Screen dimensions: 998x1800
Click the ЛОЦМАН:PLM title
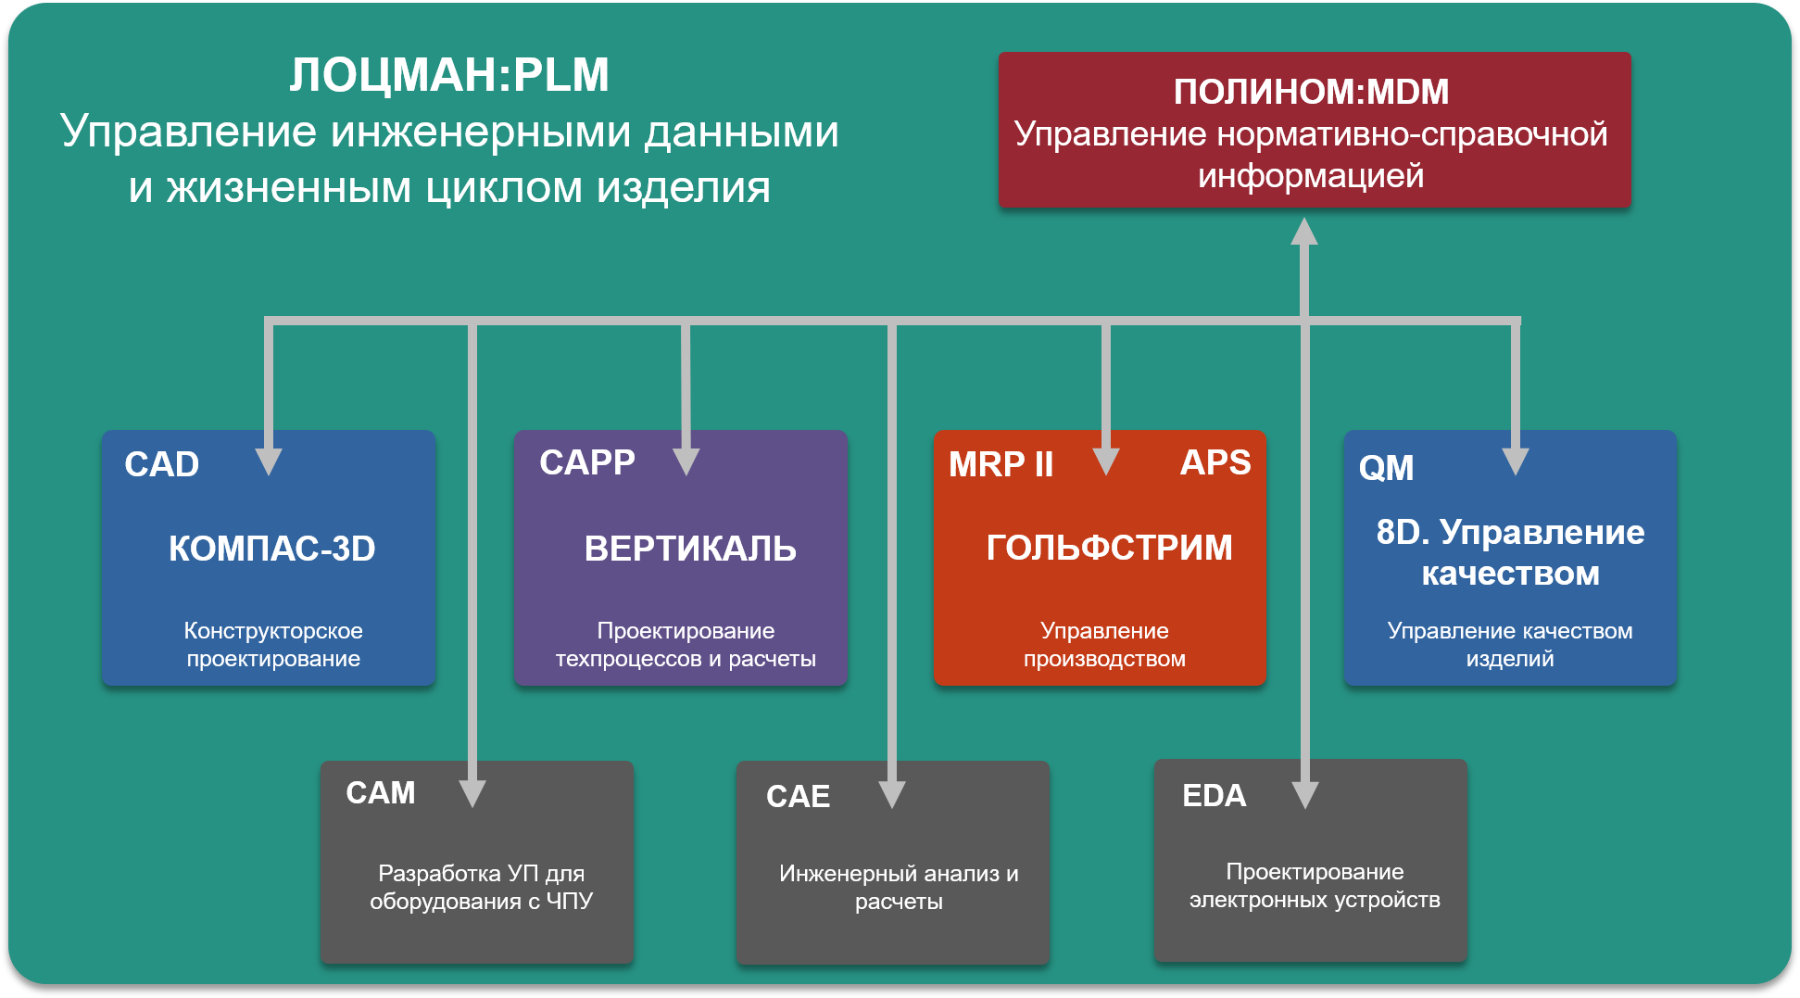[x=449, y=75]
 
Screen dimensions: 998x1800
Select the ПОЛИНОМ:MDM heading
[x=1311, y=92]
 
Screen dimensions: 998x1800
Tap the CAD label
[x=162, y=464]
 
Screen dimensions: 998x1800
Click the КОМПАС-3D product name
[x=271, y=549]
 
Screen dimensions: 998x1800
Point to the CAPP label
[x=587, y=462]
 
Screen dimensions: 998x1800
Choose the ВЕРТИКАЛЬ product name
[x=690, y=549]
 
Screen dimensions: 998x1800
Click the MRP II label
[x=1001, y=464]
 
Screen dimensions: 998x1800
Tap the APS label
[x=1215, y=462]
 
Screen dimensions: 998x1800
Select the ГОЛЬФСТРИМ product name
[x=1109, y=548]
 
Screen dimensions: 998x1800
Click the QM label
[x=1386, y=468]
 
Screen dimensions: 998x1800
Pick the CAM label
[x=381, y=793]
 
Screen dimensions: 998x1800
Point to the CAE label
[x=798, y=796]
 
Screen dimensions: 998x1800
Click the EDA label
[x=1214, y=795]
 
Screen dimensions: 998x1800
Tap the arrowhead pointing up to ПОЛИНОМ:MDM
[x=1304, y=232]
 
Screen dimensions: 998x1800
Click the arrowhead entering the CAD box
[x=269, y=461]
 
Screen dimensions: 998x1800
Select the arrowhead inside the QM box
[x=1516, y=461]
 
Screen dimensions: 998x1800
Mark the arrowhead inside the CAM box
[x=472, y=792]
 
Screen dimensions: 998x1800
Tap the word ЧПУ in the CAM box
[x=569, y=902]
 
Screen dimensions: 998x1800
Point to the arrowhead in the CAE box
[x=892, y=793]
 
